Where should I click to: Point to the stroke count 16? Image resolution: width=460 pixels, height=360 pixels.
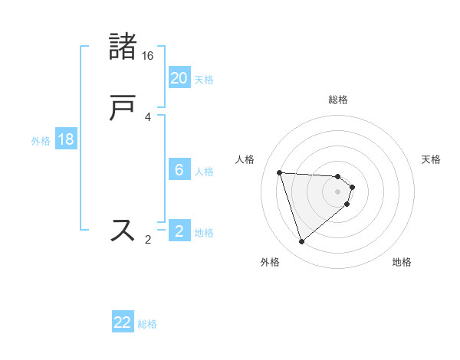148,56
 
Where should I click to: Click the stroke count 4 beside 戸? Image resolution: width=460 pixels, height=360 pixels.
148,117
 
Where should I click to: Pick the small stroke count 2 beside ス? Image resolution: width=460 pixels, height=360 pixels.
148,240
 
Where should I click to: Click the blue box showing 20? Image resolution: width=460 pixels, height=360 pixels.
179,78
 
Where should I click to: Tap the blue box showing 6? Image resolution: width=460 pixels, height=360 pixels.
179,170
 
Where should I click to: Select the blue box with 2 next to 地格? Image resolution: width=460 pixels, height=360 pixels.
179,231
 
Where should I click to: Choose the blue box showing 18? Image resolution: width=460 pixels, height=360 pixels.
66,139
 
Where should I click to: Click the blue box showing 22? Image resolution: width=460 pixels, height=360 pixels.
123,322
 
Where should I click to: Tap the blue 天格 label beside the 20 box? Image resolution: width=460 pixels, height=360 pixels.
204,80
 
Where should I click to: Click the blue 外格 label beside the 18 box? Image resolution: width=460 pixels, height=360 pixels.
41,141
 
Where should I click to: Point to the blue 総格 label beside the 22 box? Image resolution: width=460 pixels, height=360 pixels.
147,324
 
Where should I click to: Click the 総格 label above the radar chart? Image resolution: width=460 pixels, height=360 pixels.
338,100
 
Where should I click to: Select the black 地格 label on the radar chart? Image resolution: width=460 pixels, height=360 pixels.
402,263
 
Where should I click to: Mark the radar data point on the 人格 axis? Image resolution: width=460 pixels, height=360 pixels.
280,172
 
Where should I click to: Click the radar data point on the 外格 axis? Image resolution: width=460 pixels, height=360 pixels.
301,242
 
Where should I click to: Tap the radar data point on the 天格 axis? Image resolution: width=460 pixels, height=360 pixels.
352,186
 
